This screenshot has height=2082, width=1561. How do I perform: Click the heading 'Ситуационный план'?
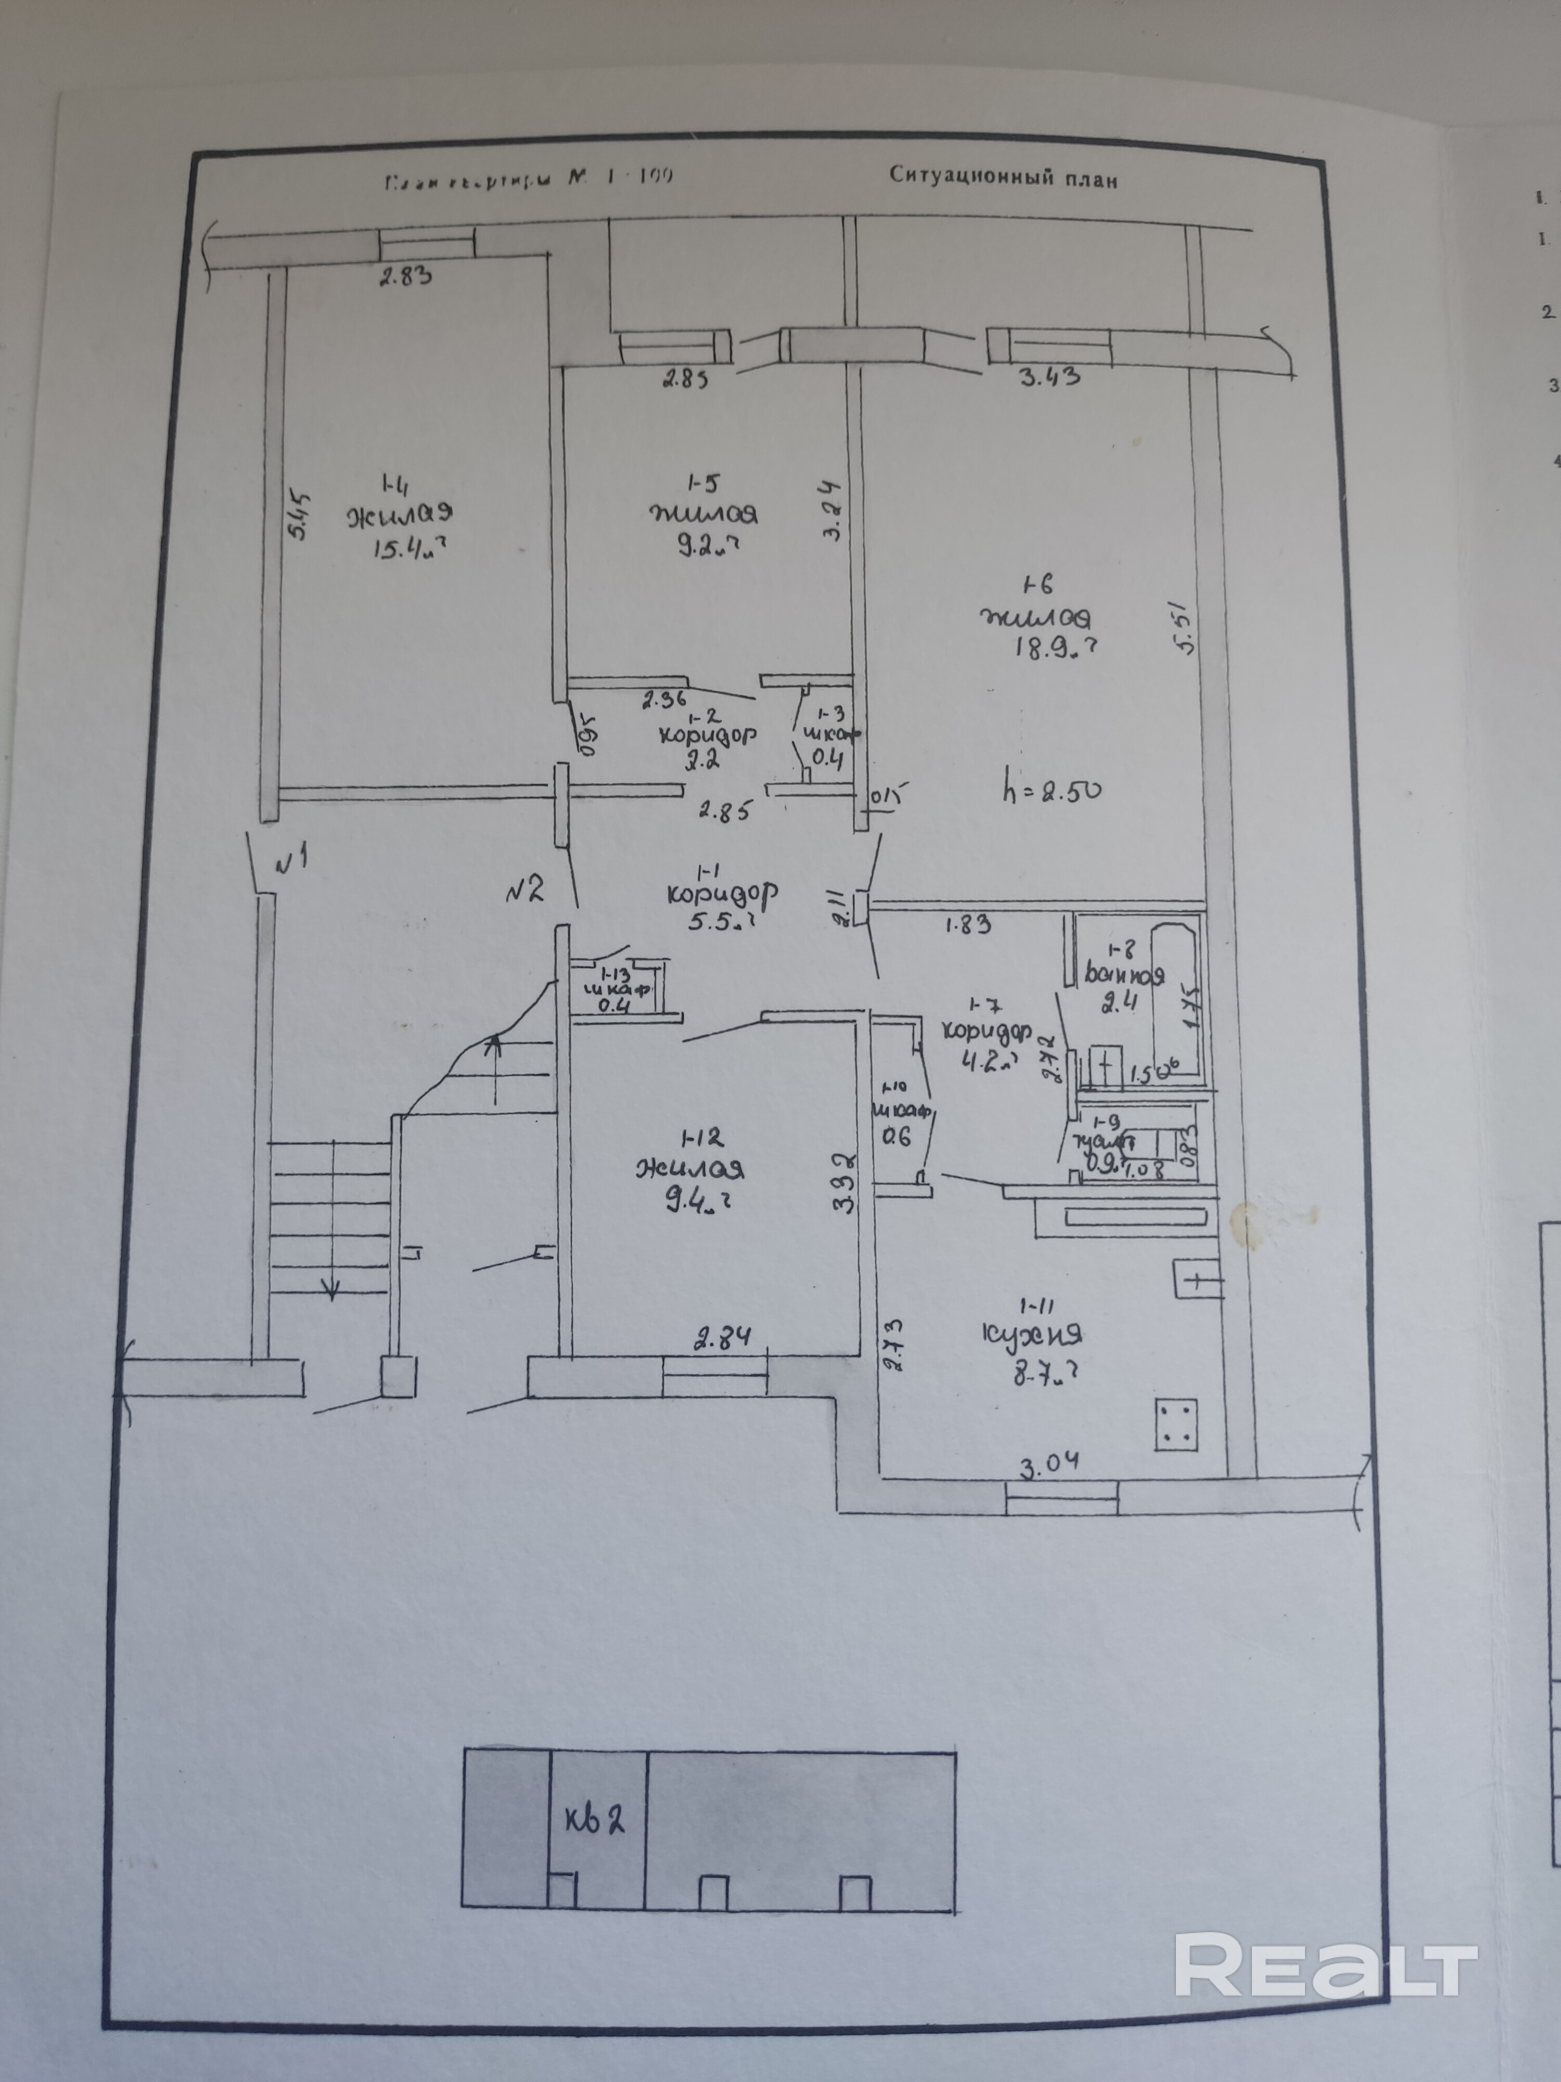point(1004,179)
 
